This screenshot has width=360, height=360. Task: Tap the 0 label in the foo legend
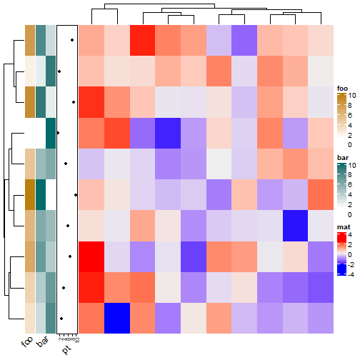pos(350,144)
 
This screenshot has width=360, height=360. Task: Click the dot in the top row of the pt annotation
pos(73,40)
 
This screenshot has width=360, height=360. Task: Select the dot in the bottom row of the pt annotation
pos(61,318)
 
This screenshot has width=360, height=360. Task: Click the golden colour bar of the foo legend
pos(341,119)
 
